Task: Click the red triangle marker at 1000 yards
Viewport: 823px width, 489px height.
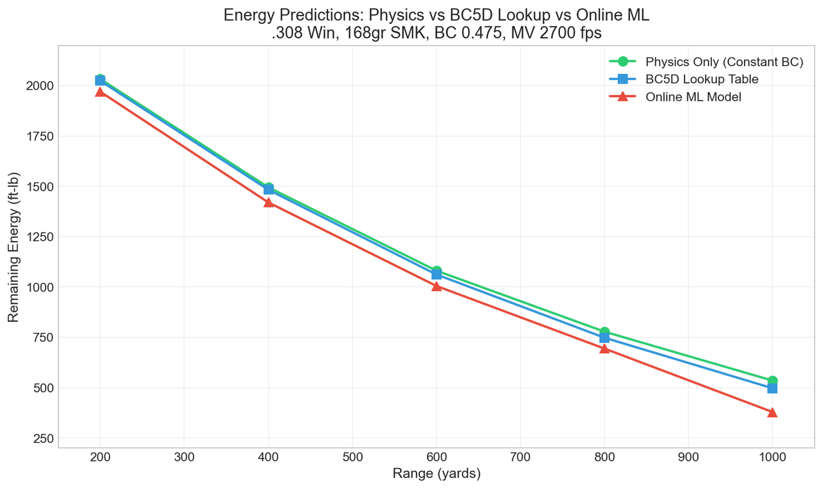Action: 772,412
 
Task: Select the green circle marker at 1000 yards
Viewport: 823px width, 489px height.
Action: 772,381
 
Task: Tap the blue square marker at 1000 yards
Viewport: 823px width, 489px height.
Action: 772,388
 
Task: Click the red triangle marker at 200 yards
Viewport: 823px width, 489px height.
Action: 100,91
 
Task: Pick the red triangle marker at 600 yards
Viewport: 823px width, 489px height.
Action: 437,286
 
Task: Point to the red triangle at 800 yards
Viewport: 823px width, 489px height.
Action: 604,348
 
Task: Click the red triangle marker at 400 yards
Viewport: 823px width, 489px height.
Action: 268,202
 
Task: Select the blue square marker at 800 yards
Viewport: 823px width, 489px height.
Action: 604,338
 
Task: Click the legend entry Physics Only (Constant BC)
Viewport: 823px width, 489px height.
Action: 724,62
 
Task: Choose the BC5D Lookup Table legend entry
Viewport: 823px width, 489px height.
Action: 701,79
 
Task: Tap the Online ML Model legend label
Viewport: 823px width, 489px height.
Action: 693,97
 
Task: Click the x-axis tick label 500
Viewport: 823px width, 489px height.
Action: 352,458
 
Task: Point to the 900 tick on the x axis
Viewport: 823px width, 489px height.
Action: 688,458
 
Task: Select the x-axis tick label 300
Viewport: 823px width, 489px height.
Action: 185,458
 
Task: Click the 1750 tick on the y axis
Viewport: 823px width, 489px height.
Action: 39,136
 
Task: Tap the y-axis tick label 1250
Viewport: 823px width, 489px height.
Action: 39,237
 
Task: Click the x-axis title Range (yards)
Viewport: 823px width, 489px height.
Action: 437,474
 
